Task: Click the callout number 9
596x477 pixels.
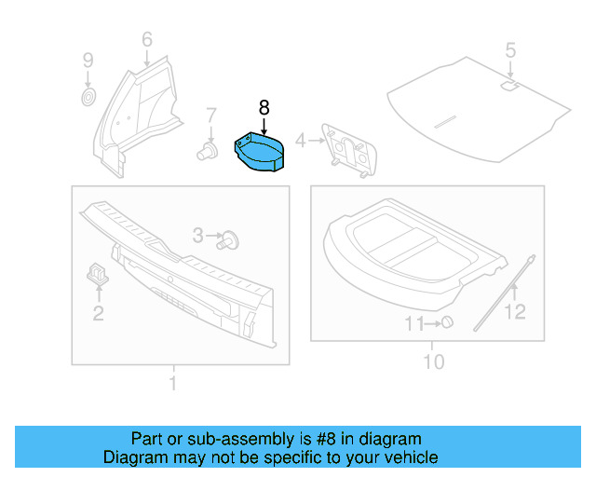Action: click(x=88, y=61)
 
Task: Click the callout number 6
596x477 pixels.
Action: click(x=146, y=39)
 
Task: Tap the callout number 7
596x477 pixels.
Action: click(x=210, y=115)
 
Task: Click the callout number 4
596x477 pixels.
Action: click(x=300, y=142)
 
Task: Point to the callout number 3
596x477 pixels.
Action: click(x=197, y=237)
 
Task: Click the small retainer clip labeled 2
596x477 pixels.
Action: click(x=97, y=272)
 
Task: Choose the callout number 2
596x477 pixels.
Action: click(x=98, y=314)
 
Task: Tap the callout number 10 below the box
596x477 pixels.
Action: click(x=434, y=361)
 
